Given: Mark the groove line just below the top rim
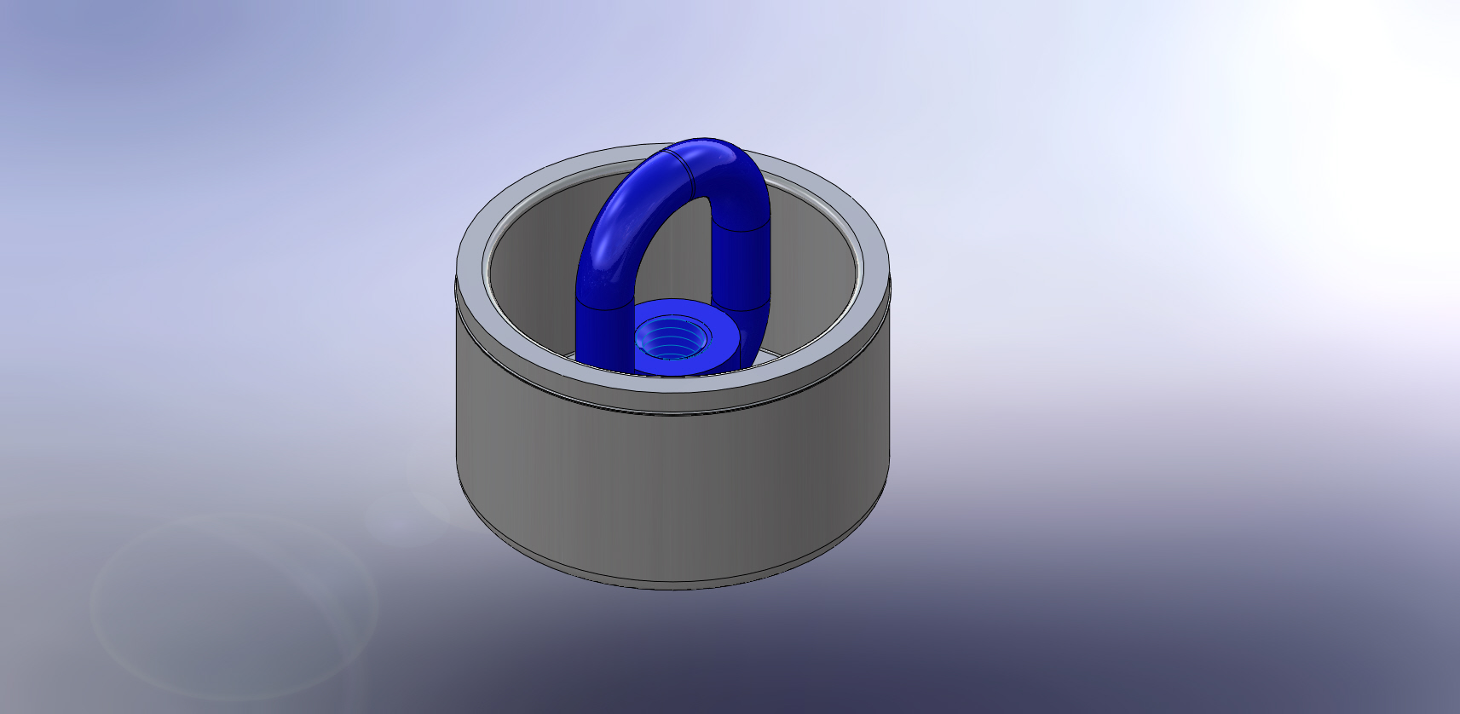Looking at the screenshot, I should tap(673, 412).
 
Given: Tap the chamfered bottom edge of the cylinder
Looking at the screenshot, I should tap(673, 585).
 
